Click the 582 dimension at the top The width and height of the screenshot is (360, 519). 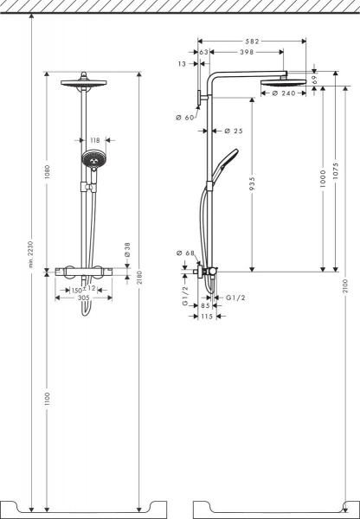tap(252, 41)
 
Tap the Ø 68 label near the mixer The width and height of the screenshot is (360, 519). tap(185, 253)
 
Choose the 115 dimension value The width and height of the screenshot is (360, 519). tap(206, 317)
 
